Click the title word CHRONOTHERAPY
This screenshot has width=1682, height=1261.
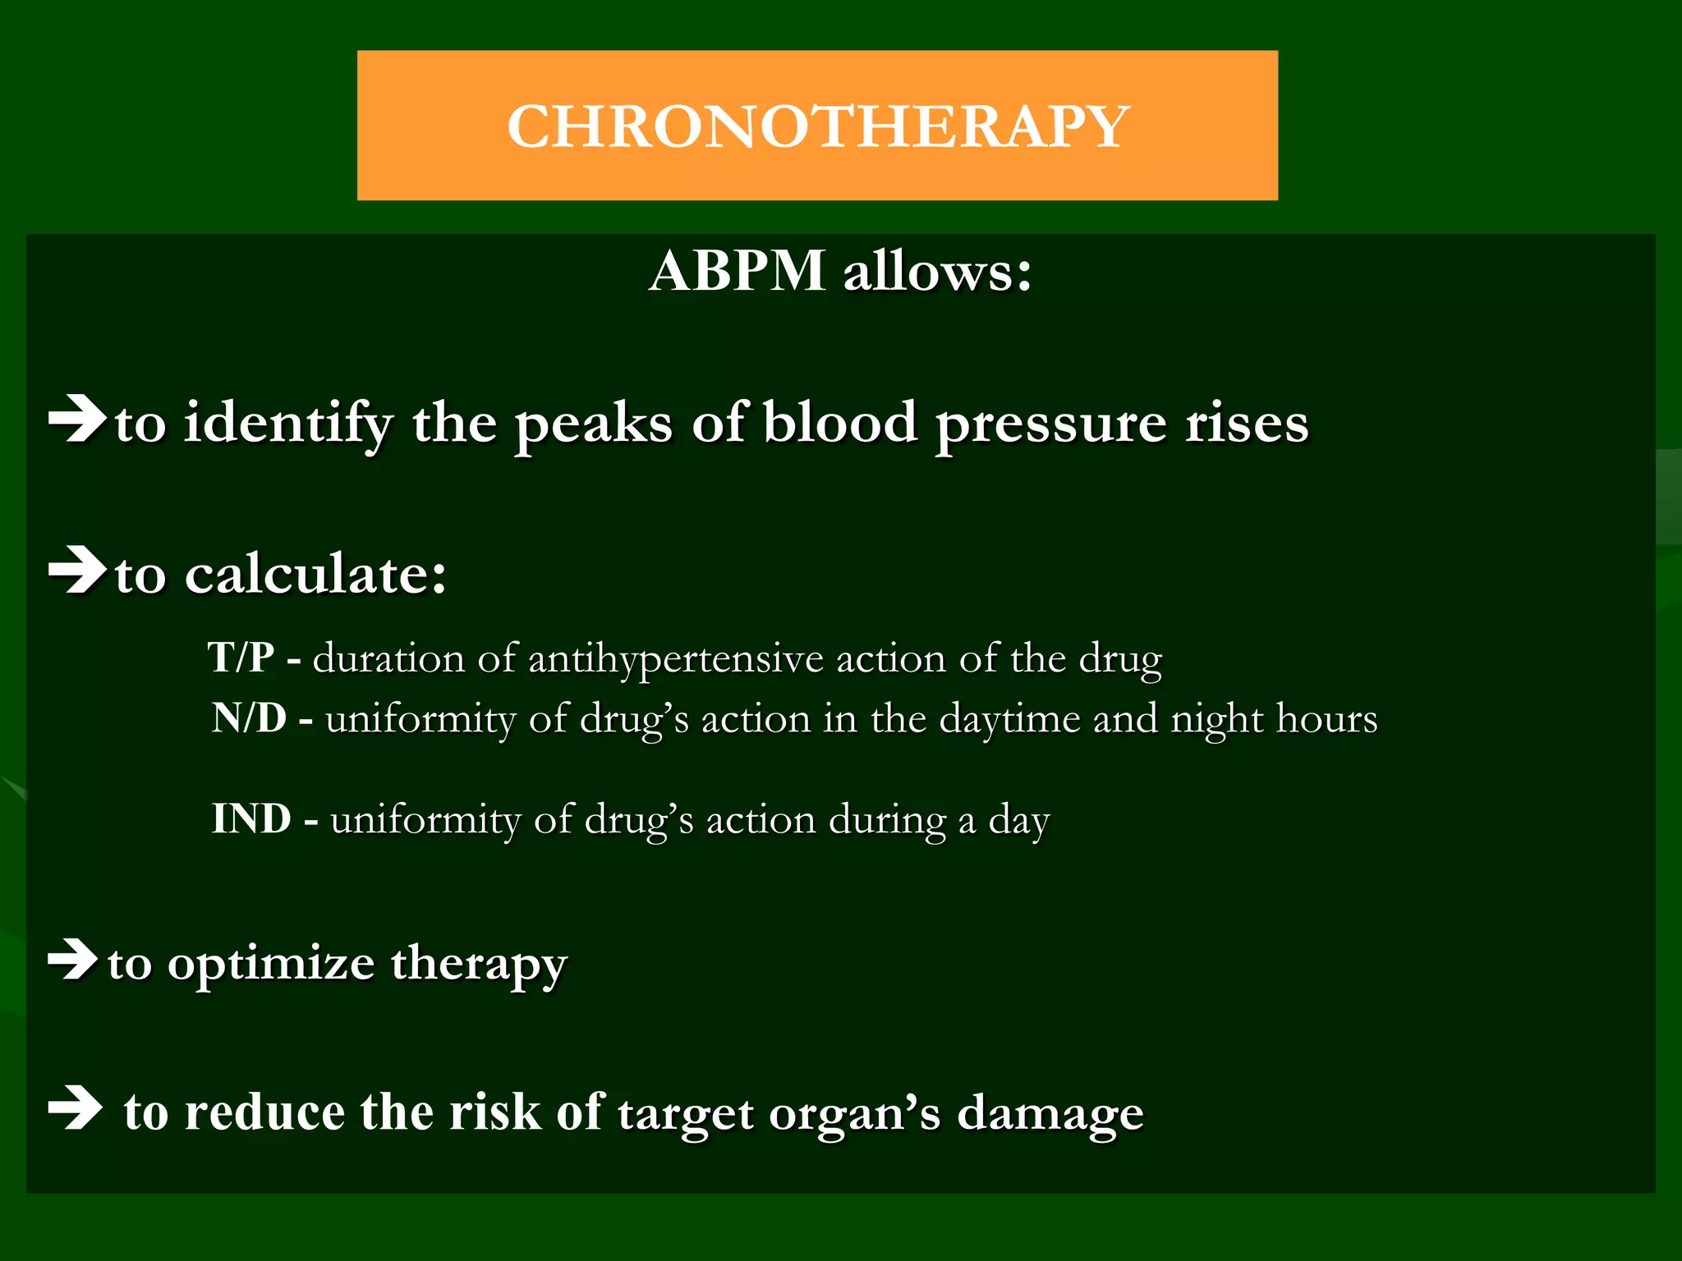pyautogui.click(x=818, y=126)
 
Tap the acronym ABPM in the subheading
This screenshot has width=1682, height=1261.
pyautogui.click(x=737, y=270)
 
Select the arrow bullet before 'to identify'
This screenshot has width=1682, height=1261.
pyautogui.click(x=77, y=420)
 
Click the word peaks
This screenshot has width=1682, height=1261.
pyautogui.click(x=594, y=424)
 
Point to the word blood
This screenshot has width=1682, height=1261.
pyautogui.click(x=839, y=423)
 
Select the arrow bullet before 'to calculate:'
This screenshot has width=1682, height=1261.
pyautogui.click(x=77, y=570)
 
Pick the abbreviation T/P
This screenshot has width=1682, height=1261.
pyautogui.click(x=241, y=658)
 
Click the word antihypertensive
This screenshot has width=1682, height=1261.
pyautogui.click(x=675, y=659)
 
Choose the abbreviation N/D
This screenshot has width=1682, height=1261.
pyautogui.click(x=249, y=718)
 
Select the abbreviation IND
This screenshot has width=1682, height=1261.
pyautogui.click(x=251, y=819)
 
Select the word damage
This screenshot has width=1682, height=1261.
pyautogui.click(x=1050, y=1115)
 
